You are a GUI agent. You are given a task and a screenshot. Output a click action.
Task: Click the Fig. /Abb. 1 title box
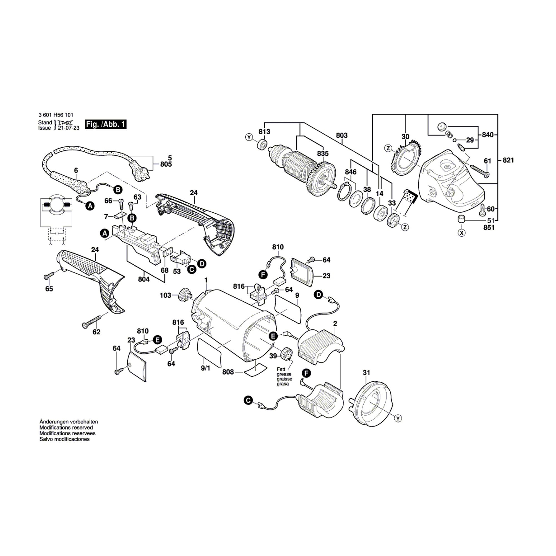pos(106,124)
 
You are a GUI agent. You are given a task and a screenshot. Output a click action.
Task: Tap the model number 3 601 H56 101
pos(56,115)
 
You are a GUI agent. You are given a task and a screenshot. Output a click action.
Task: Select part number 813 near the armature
pos(264,132)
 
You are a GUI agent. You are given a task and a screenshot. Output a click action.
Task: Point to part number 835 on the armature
pos(323,154)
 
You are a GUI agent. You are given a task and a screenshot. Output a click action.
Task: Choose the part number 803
pos(342,135)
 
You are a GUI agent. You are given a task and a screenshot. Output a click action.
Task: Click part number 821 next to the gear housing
pos(508,160)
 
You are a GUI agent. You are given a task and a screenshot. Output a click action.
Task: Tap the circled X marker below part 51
pos(461,233)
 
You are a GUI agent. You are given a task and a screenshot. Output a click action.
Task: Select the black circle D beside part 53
pos(202,263)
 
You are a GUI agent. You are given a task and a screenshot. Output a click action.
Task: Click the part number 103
pos(165,295)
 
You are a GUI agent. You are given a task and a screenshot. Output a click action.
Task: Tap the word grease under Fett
pos(284,374)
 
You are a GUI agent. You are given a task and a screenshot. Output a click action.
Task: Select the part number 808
pos(228,372)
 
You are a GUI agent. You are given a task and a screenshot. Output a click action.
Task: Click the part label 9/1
pos(205,368)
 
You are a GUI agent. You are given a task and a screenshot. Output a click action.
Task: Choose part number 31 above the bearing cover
pos(366,373)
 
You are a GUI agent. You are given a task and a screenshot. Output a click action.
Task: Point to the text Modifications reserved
pos(66,428)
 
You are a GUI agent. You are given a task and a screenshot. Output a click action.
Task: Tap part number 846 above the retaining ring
pos(351,172)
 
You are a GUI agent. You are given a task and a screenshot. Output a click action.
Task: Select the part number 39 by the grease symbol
pos(273,356)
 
